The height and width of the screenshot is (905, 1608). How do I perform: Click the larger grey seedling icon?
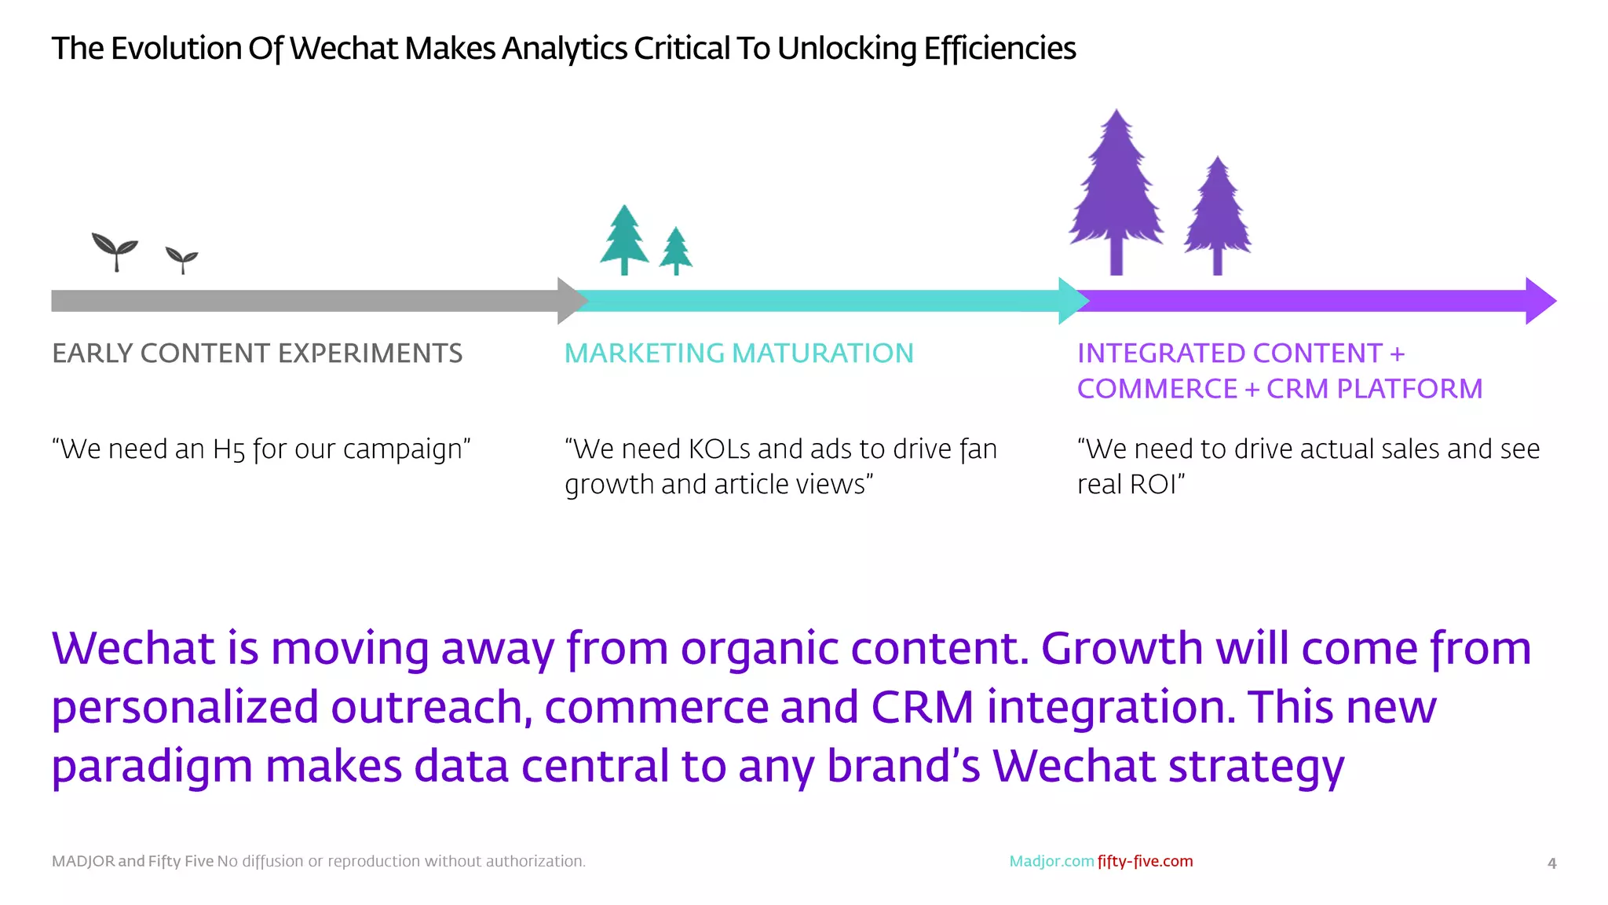tap(115, 251)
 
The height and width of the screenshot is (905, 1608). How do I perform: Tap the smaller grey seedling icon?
tap(182, 259)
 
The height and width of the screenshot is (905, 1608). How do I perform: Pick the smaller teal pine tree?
tap(675, 250)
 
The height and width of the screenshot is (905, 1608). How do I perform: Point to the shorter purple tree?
tap(1217, 214)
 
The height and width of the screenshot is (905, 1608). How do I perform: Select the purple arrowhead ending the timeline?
tap(1540, 300)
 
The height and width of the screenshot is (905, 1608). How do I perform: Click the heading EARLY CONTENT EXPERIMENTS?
tap(258, 354)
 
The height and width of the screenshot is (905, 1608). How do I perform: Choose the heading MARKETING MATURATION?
tap(739, 354)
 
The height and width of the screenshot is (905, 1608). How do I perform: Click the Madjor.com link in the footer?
tap(1051, 861)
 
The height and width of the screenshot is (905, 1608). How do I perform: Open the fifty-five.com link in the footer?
tap(1145, 861)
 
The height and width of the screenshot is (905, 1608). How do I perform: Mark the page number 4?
tap(1551, 863)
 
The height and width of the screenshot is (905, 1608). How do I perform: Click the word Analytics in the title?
tap(565, 49)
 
